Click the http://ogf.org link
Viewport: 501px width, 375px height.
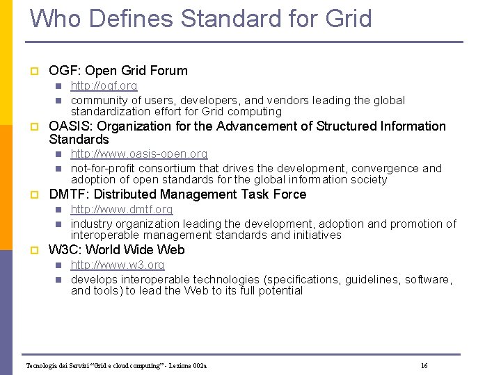point(104,86)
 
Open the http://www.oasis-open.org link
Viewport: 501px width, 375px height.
point(139,154)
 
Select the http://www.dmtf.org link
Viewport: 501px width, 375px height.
point(122,210)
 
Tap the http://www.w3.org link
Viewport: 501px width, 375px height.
point(118,265)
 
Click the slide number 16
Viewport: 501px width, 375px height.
point(424,365)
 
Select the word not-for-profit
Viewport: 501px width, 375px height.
point(105,169)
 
